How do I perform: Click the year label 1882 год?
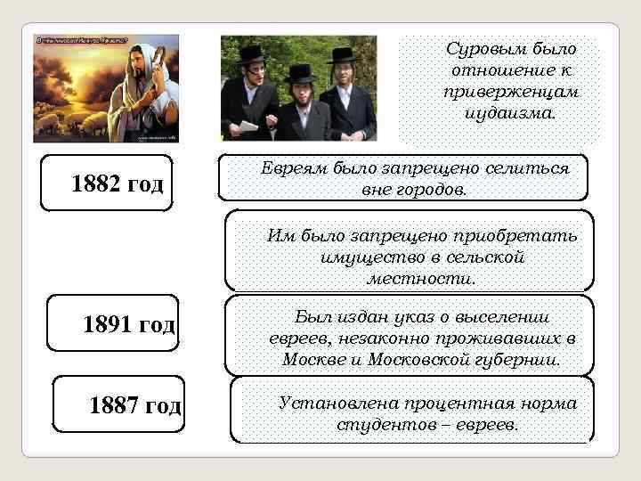(x=118, y=184)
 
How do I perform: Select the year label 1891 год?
(x=128, y=324)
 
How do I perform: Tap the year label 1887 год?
(x=135, y=406)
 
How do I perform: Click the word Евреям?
(x=297, y=167)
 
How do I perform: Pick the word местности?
(x=421, y=279)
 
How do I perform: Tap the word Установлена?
(x=331, y=404)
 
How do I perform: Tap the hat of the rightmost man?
(x=344, y=53)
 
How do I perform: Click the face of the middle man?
(x=301, y=91)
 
